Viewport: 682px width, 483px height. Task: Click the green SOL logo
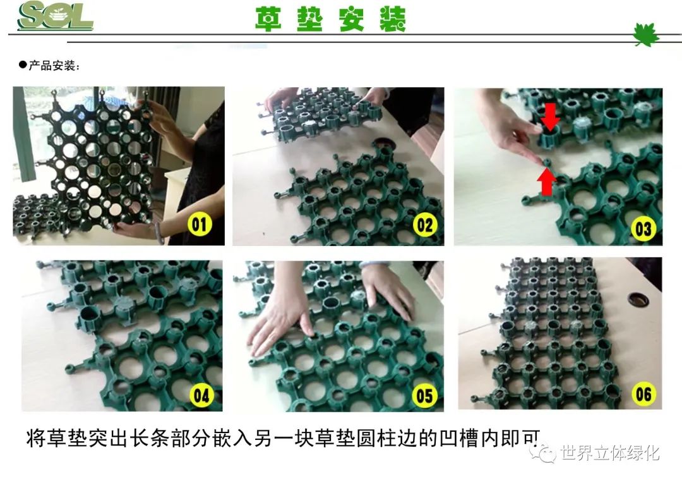[55, 16]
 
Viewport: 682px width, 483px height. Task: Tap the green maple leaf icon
[645, 34]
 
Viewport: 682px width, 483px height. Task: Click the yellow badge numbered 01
[200, 224]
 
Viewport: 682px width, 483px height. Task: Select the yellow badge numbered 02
[425, 224]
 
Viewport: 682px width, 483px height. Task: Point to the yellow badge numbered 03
[643, 229]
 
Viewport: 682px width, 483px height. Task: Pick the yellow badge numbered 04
[201, 396]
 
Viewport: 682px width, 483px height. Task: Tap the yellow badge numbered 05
[424, 396]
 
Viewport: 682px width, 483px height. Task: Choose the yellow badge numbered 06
[643, 394]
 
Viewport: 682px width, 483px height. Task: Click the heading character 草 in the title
[268, 19]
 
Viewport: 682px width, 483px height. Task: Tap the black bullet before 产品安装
[23, 65]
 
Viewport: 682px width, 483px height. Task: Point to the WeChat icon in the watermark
[542, 453]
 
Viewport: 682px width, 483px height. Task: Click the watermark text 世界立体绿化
[610, 453]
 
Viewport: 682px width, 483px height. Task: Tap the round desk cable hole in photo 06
[638, 299]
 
